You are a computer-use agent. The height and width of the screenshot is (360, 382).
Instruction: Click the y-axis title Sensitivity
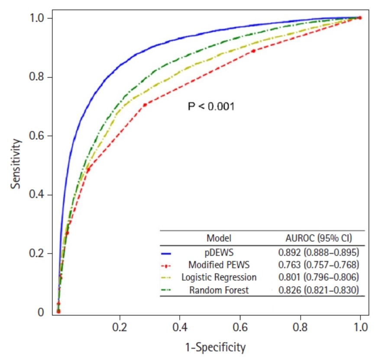click(16, 163)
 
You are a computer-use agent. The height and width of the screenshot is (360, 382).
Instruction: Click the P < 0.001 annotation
click(211, 106)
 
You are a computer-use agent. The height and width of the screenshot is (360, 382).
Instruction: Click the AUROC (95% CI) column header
click(318, 238)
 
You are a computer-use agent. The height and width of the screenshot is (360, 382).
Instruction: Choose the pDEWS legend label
click(219, 251)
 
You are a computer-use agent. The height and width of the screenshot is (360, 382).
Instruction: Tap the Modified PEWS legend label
click(219, 264)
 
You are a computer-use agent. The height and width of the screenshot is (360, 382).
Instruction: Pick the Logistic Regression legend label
click(219, 277)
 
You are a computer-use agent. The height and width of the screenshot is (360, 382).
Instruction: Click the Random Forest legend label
click(219, 290)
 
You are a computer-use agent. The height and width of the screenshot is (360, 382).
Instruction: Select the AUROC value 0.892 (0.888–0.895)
click(318, 251)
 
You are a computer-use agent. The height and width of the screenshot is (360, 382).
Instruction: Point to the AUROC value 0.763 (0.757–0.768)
click(318, 264)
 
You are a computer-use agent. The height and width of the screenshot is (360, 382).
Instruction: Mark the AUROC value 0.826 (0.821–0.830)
click(318, 290)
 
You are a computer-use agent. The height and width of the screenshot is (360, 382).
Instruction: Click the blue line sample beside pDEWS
click(167, 253)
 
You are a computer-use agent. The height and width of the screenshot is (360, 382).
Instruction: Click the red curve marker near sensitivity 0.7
click(145, 104)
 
